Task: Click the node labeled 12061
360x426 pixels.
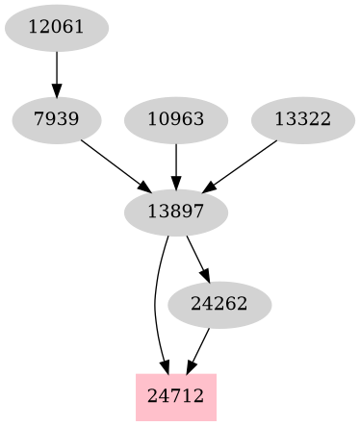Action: pos(57,27)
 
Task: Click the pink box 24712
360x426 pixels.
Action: pos(176,396)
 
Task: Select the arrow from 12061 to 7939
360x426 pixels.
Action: pos(57,68)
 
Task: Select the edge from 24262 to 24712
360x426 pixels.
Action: pos(200,346)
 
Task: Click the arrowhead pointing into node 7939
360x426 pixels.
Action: pos(57,91)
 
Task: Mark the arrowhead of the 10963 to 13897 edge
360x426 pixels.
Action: pos(176,184)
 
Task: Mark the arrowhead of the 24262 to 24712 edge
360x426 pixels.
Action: pos(190,366)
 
